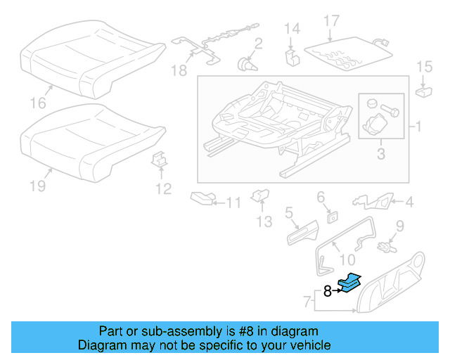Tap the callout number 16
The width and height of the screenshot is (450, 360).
pos(37,103)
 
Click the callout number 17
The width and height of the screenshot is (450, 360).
pos(331,22)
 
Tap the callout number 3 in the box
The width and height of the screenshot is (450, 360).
pos(380,152)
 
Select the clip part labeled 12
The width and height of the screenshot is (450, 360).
pos(160,162)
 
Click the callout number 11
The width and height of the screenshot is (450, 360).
pos(233,203)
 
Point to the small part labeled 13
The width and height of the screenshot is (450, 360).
pos(260,195)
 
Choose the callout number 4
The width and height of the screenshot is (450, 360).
pos(409,203)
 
